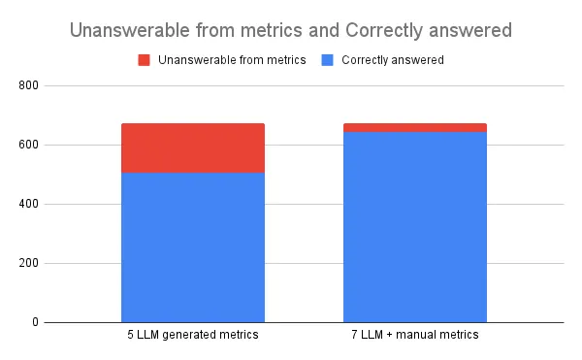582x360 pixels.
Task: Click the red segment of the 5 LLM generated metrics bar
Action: tap(193, 147)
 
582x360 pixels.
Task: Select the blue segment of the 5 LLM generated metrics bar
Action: tap(193, 246)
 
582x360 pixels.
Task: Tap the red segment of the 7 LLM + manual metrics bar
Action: tap(414, 127)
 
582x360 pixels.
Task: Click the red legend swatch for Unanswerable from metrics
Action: tap(144, 60)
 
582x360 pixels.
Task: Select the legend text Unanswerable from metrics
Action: tap(232, 60)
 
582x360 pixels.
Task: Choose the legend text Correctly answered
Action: tap(393, 60)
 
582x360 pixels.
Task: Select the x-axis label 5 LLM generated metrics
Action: tap(193, 336)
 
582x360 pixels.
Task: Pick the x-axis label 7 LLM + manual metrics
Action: tap(414, 336)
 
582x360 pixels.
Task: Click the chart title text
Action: tap(291, 30)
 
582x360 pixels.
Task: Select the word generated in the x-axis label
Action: tap(192, 336)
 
